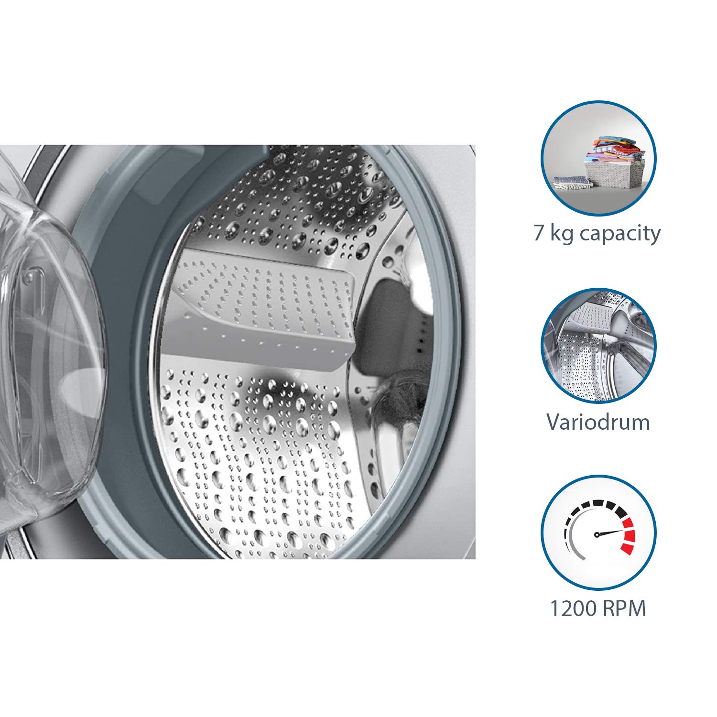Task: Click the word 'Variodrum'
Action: [x=598, y=422]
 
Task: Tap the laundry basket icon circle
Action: [x=598, y=158]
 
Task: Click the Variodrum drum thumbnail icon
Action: [x=598, y=345]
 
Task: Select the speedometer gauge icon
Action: [x=598, y=532]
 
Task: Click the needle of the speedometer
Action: [x=609, y=532]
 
